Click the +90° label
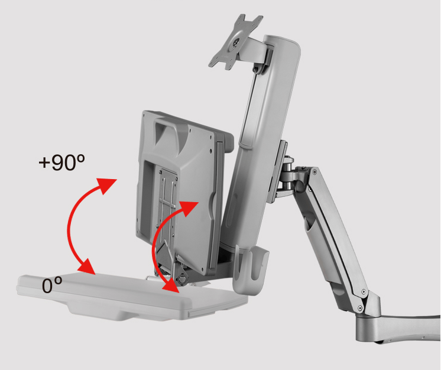click(61, 162)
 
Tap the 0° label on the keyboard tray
click(52, 285)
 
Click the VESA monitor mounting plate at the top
click(235, 42)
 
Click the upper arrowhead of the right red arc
click(189, 207)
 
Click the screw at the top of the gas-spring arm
click(314, 171)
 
